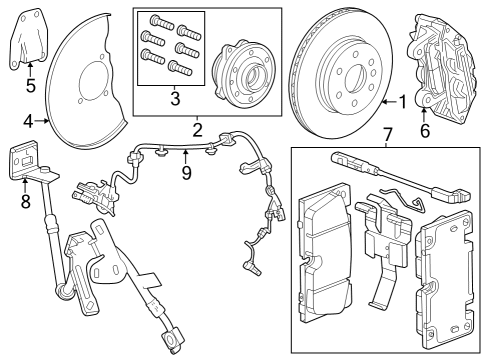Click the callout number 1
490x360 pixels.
(403, 101)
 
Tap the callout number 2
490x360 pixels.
(198, 129)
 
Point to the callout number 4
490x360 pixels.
(28, 122)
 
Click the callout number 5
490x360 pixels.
(31, 85)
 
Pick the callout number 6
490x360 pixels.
(424, 130)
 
